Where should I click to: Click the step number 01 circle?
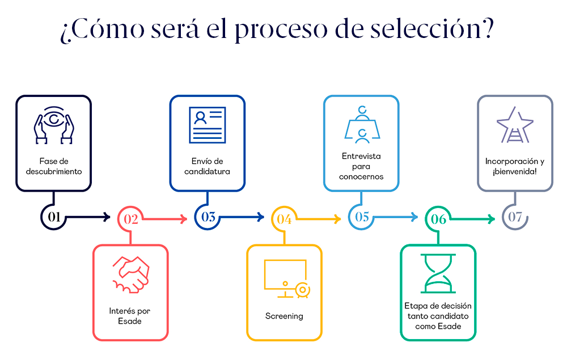[54, 217]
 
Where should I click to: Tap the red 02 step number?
[131, 219]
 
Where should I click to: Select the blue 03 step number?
[208, 217]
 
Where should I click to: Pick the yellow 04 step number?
[285, 219]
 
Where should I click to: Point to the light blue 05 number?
[362, 217]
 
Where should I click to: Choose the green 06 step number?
[438, 219]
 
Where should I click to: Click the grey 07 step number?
[515, 217]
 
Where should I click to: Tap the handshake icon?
[130, 274]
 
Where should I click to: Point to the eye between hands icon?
[53, 124]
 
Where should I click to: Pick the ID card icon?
[207, 124]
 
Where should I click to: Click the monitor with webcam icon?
[286, 279]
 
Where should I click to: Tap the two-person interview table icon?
[361, 124]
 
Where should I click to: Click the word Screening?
[284, 316]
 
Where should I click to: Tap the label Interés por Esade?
[130, 316]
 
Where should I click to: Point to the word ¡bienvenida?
[514, 171]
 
